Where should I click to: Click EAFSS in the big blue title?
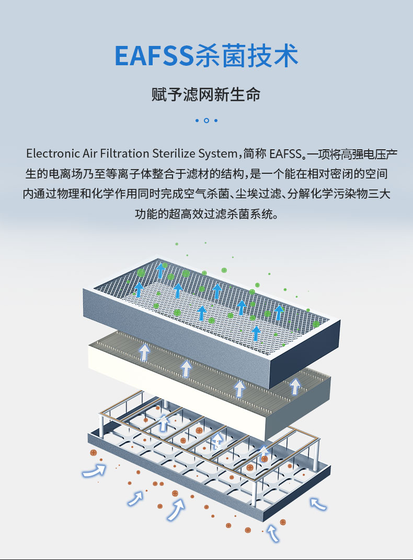(154, 56)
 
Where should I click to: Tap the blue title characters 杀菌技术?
(246, 56)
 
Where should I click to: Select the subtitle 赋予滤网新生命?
(206, 96)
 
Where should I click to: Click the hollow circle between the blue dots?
(206, 121)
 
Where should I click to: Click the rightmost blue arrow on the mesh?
(279, 313)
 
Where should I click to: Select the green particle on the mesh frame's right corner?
(316, 324)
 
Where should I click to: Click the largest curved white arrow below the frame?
(177, 510)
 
